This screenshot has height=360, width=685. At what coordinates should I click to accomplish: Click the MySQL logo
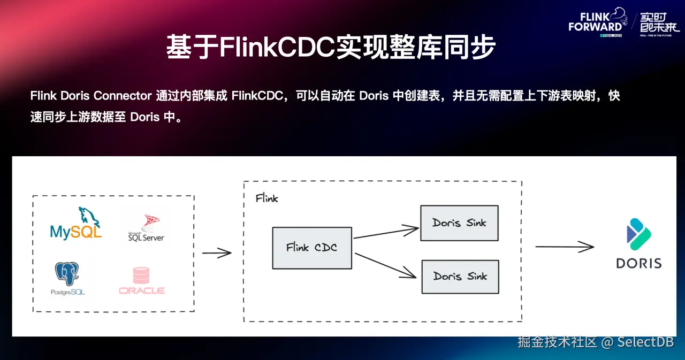click(75, 224)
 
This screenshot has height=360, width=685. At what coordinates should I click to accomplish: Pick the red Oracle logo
click(142, 281)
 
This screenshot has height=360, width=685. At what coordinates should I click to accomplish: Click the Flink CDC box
click(312, 248)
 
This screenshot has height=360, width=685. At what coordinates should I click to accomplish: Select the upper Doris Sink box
click(459, 223)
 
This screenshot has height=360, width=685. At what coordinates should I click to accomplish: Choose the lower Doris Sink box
click(460, 277)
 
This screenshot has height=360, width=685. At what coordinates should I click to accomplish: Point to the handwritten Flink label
click(267, 198)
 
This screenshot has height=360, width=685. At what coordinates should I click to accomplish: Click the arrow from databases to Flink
click(217, 253)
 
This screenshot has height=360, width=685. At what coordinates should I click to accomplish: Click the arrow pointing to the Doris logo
click(565, 247)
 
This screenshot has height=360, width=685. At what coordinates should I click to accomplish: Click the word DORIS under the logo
click(639, 263)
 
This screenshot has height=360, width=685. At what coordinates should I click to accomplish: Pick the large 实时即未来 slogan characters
click(659, 21)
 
